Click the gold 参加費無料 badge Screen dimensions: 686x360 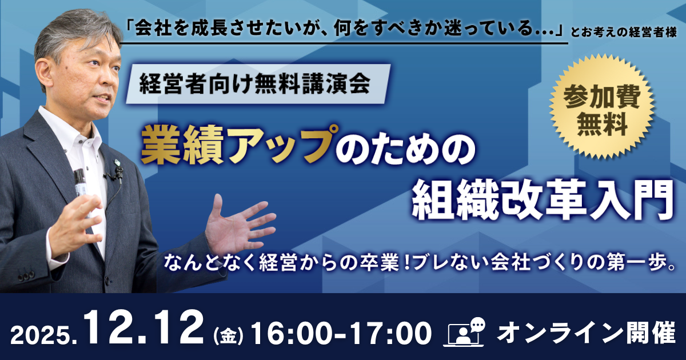point(601,106)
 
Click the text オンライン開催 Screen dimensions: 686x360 point(587,333)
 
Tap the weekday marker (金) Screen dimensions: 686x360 point(228,336)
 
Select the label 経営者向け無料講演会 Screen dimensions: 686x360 point(255,83)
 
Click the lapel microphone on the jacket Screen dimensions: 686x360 point(118,173)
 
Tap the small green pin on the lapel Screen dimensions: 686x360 point(117,162)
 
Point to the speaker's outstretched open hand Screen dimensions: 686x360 point(236,226)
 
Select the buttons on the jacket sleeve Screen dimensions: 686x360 point(26,277)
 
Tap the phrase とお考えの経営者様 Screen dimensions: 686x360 point(624,33)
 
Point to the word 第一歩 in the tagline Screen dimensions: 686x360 point(636,263)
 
